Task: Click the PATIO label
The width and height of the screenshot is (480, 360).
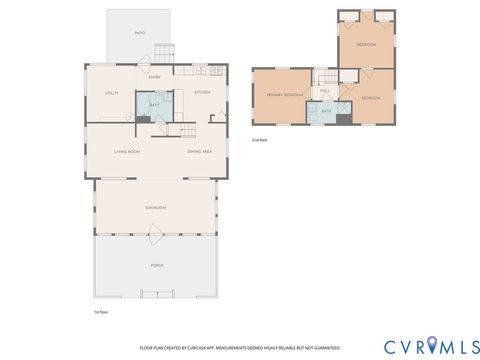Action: coord(140,33)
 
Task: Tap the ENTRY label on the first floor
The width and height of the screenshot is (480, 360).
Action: coord(155,77)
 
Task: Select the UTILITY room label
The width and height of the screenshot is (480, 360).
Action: coord(111,93)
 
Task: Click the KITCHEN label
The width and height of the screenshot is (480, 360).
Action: coord(202,92)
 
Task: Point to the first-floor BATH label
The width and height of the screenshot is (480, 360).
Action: coord(154,104)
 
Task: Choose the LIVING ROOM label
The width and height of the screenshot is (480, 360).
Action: coord(127,151)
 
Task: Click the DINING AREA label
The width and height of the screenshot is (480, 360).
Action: coord(199,151)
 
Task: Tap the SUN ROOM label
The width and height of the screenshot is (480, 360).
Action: coord(155,207)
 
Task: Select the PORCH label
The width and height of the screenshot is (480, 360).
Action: coord(155,267)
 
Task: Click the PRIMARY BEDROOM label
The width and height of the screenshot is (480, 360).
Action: coord(284,95)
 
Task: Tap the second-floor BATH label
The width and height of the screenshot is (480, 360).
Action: coord(326,112)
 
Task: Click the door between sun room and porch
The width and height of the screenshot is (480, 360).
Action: coord(155,235)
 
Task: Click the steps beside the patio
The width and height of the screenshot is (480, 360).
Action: coord(166,50)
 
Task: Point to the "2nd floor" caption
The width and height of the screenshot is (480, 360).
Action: coord(259,140)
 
